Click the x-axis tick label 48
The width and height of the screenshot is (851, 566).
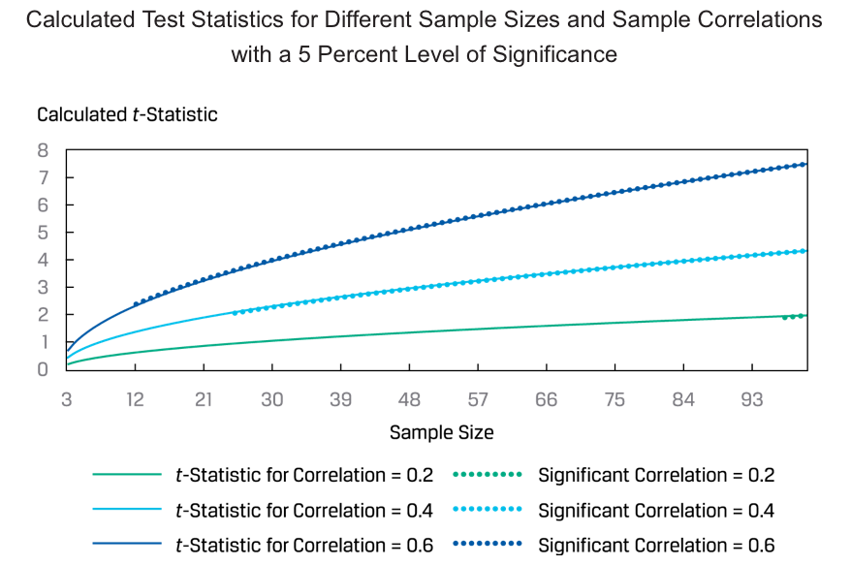[410, 400]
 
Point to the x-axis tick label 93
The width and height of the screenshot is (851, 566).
[752, 400]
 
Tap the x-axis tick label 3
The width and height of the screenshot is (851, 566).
[67, 400]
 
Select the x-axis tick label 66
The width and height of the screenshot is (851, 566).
[547, 400]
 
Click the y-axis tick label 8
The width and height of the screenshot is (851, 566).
[43, 150]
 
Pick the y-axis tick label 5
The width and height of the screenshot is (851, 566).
[43, 233]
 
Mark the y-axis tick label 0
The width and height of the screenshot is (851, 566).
[43, 369]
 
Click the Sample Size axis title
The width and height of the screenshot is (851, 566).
[441, 433]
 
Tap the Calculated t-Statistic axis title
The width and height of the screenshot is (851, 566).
[127, 114]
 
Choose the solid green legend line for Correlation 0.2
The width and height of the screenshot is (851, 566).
[127, 475]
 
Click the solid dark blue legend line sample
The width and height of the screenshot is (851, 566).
[127, 546]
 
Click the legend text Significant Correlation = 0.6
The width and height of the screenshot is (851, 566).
[656, 546]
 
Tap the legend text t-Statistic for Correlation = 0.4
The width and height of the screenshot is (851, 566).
[303, 511]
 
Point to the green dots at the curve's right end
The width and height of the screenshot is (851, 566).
[795, 316]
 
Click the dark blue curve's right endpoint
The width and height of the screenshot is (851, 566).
[806, 164]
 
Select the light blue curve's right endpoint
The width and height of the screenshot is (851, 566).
[806, 251]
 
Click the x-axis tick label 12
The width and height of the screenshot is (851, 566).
[136, 400]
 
